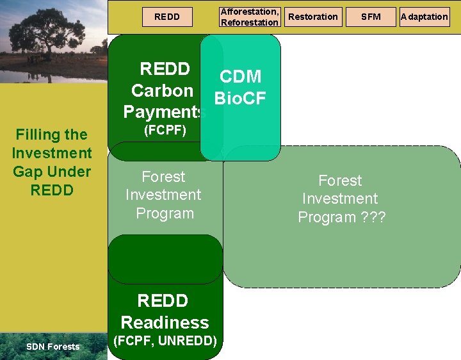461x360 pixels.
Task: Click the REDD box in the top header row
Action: [167, 17]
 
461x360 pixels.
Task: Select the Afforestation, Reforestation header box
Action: [250, 17]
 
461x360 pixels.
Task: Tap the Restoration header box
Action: [313, 17]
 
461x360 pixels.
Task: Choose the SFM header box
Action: [371, 17]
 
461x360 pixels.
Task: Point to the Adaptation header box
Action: [424, 17]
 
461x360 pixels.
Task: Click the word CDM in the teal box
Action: [240, 77]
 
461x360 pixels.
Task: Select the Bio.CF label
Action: [240, 99]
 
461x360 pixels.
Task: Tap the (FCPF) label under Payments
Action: [165, 131]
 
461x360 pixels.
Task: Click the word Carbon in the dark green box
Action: [162, 90]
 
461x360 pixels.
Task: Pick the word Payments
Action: [163, 112]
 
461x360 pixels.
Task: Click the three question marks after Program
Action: [373, 217]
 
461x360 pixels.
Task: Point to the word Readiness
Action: [165, 322]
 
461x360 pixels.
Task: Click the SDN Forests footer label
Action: [53, 347]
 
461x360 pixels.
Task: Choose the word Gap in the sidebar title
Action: [28, 172]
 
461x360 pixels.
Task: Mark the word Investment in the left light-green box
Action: [163, 195]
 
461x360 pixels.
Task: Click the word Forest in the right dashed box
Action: [340, 181]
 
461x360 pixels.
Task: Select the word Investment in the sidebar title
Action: [52, 153]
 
